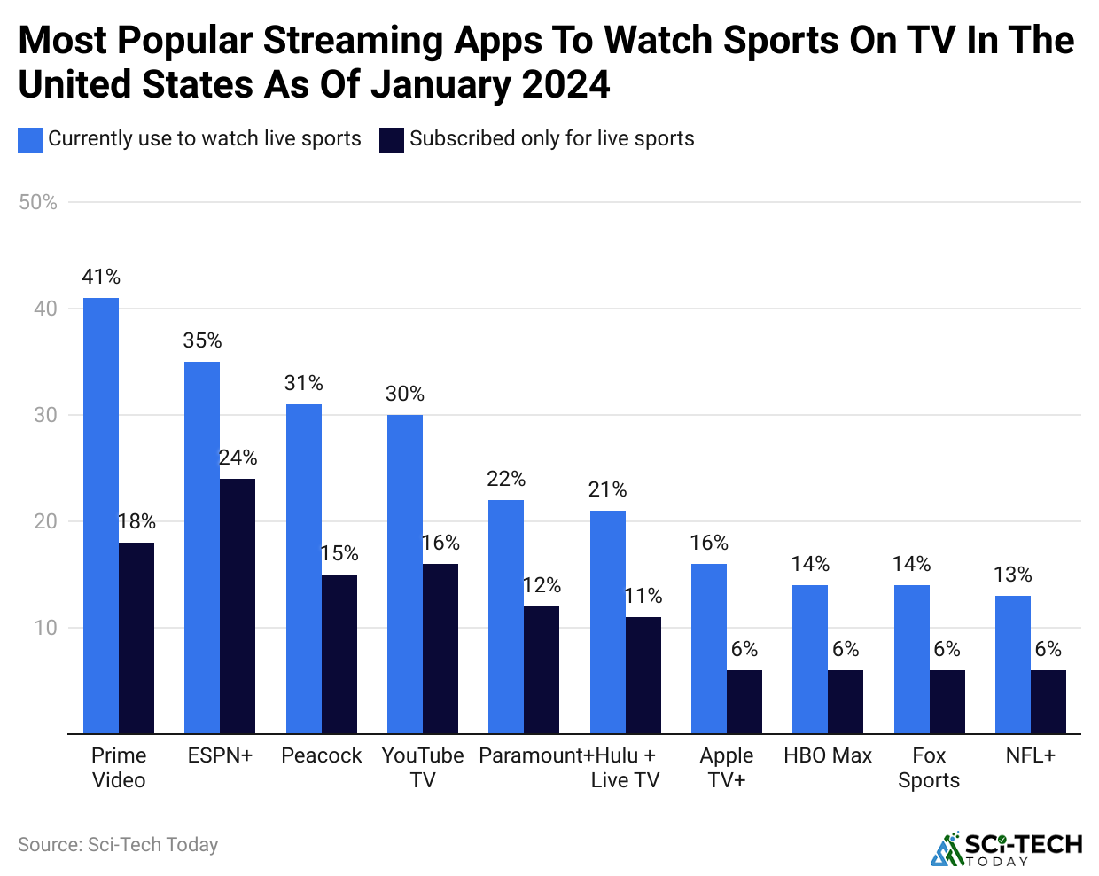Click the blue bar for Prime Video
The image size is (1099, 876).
click(101, 515)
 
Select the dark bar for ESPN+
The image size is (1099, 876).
click(238, 606)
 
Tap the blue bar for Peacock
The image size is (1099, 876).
click(304, 568)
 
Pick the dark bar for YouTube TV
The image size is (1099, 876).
click(440, 648)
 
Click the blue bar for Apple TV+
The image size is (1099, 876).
click(709, 648)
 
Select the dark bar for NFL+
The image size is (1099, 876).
click(1048, 701)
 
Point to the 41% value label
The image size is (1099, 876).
click(101, 278)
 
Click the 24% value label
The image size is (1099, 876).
click(238, 458)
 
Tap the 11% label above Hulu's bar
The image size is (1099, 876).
click(643, 597)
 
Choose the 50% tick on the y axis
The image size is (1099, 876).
click(38, 203)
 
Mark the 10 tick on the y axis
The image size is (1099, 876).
click(45, 629)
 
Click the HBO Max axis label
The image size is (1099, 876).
click(828, 756)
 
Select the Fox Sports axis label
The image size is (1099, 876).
click(929, 768)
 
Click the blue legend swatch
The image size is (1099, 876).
click(30, 140)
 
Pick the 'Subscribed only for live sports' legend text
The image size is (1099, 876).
click(551, 139)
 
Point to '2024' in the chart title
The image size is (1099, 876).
click(565, 85)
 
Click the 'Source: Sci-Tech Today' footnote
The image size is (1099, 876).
click(118, 845)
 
